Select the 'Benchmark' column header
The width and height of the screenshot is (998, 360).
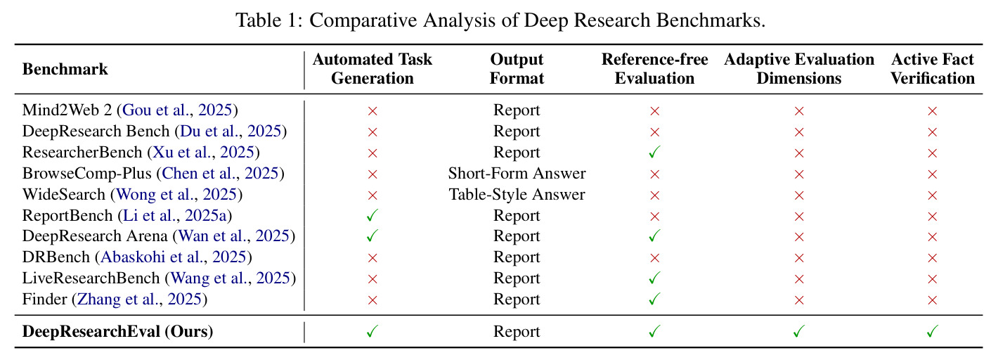pyautogui.click(x=65, y=69)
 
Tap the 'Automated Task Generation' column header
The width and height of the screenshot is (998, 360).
pyautogui.click(x=372, y=69)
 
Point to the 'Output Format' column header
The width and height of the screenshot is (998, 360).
pyautogui.click(x=517, y=69)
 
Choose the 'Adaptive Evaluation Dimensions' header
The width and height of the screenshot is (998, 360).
pyautogui.click(x=799, y=69)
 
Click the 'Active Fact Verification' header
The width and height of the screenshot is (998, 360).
pyautogui.click(x=932, y=69)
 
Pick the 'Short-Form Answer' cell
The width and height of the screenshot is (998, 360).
pyautogui.click(x=517, y=173)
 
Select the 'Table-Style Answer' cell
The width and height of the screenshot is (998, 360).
pyautogui.click(x=517, y=194)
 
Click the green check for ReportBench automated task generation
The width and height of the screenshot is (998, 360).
pyautogui.click(x=372, y=216)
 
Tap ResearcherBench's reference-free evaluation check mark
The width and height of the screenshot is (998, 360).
pyautogui.click(x=654, y=153)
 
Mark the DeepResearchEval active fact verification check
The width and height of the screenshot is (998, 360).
pyautogui.click(x=932, y=331)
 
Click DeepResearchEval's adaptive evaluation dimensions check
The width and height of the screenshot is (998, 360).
pyautogui.click(x=799, y=331)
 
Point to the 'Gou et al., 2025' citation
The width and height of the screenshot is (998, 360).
pyautogui.click(x=177, y=110)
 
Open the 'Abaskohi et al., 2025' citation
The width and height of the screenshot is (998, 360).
pyautogui.click(x=174, y=257)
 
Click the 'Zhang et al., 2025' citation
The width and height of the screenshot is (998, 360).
pyautogui.click(x=140, y=299)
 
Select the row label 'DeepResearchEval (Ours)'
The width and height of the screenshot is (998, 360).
pyautogui.click(x=117, y=331)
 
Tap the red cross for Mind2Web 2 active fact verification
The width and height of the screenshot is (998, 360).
pyautogui.click(x=932, y=111)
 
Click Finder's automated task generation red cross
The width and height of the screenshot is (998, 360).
pyautogui.click(x=372, y=300)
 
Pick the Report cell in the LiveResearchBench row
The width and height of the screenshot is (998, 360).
pyautogui.click(x=517, y=278)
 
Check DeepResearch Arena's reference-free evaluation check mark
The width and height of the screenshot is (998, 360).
pyautogui.click(x=654, y=236)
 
